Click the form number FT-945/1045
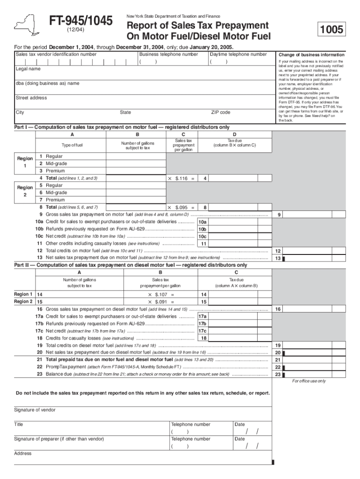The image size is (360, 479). (81, 21)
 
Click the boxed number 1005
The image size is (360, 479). (331, 30)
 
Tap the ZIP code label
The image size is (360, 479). (221, 112)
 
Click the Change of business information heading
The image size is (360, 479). (311, 55)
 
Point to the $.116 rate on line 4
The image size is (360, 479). (181, 178)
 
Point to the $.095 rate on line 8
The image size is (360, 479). (181, 207)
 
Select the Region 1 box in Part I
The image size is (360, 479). (25, 162)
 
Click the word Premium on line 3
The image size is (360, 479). (55, 171)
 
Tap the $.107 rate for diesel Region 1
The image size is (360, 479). (161, 295)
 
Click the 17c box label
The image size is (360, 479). (202, 331)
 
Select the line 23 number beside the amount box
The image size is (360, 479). (278, 374)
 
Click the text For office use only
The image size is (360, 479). (309, 381)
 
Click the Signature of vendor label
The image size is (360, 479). (35, 410)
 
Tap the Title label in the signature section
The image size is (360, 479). (19, 424)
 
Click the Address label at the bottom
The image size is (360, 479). (22, 453)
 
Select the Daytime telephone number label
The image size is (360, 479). (238, 54)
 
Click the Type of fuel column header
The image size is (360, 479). (72, 145)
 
